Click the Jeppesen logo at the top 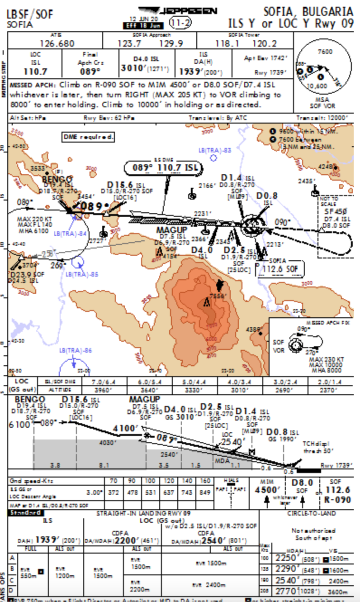(x=177, y=11)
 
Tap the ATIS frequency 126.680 (x=57, y=43)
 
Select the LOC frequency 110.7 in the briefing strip (x=36, y=72)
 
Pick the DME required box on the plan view (x=89, y=137)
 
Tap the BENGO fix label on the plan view (x=57, y=180)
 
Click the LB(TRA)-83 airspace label (x=215, y=150)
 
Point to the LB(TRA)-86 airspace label (x=75, y=350)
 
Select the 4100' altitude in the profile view (x=125, y=428)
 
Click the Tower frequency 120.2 (x=264, y=43)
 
